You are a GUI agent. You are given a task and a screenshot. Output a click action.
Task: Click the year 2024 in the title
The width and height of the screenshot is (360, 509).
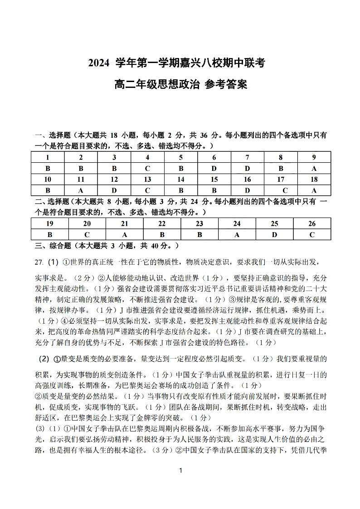point(99,63)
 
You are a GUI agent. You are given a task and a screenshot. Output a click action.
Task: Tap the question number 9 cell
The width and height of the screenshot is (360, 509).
point(314,157)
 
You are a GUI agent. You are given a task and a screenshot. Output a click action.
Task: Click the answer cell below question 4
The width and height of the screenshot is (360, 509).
point(147,169)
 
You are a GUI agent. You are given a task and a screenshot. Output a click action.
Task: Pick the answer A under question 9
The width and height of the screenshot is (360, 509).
point(314,169)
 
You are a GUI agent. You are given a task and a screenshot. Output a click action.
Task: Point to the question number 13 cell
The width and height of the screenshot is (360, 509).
point(147,179)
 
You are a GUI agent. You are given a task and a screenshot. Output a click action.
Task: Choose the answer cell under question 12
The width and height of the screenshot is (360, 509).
point(114,191)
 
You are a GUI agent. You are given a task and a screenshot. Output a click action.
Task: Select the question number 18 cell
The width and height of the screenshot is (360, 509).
point(314,179)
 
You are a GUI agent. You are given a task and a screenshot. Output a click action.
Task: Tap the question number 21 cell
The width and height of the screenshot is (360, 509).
point(125,223)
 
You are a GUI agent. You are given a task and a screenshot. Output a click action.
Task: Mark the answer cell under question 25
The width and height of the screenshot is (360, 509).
point(274,235)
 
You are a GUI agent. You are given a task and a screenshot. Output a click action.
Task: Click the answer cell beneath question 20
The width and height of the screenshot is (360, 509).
point(87,235)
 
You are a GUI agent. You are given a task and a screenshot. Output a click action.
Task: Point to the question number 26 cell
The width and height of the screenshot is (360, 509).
point(312,223)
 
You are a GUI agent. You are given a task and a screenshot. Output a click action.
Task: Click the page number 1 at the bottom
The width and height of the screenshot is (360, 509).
point(180,470)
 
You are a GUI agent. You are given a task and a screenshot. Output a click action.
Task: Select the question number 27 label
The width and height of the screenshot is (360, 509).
point(39,262)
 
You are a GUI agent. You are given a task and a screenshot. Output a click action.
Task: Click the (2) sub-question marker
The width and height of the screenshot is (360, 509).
point(44,359)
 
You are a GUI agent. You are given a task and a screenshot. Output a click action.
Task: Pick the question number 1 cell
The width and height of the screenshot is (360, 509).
point(48,157)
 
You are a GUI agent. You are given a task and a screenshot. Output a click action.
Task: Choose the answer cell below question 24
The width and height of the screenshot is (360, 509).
point(237,235)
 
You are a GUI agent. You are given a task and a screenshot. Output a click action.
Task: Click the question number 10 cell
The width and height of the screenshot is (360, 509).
point(48,179)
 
